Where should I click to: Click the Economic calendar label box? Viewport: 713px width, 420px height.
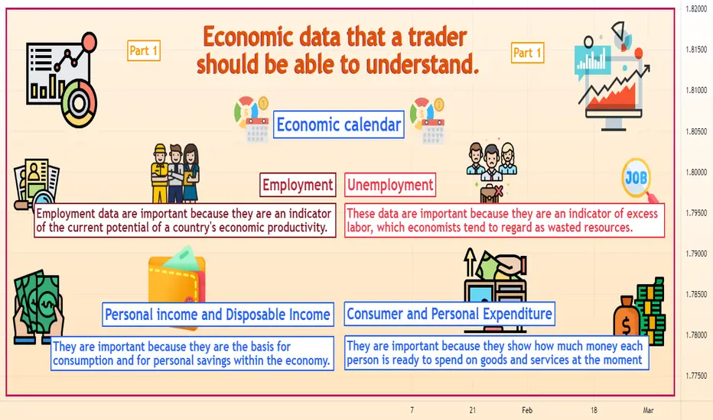point(339,124)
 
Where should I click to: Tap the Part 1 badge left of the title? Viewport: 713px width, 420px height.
point(144,50)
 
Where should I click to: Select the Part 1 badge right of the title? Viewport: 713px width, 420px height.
point(527,53)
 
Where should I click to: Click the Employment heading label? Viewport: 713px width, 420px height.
point(298,185)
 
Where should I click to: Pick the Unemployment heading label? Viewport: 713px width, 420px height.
point(390,185)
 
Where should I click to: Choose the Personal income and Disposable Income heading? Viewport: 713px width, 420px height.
point(218,314)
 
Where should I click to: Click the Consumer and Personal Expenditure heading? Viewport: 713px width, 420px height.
point(449,314)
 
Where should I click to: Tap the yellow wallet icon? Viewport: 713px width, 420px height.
point(177,277)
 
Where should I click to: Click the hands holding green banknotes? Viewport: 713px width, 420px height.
point(38,306)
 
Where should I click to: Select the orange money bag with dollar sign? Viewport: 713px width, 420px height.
point(626,318)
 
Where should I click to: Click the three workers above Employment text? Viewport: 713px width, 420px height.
point(175,173)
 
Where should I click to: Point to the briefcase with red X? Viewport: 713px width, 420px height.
point(491,193)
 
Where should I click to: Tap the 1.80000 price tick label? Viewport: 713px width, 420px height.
point(696,172)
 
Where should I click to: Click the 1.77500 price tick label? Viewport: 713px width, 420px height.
point(696,376)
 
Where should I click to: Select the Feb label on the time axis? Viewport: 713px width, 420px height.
point(527,410)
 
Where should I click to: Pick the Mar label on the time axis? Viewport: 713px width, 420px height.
point(648,410)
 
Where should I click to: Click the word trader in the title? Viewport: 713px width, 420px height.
point(438,37)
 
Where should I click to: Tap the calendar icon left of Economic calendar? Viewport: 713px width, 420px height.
point(257,131)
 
